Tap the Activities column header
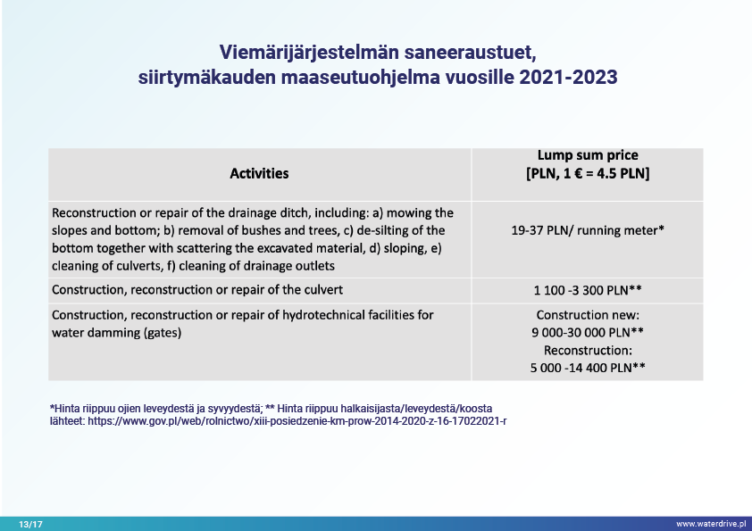pyautogui.click(x=259, y=173)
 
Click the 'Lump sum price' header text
pyautogui.click(x=587, y=155)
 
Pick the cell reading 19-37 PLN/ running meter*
pyautogui.click(x=587, y=230)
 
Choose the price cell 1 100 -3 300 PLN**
pyautogui.click(x=587, y=290)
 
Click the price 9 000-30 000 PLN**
pyautogui.click(x=587, y=332)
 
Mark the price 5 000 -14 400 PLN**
pyautogui.click(x=587, y=367)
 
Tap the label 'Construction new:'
pyautogui.click(x=587, y=315)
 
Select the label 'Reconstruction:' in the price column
pyautogui.click(x=587, y=350)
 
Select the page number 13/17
pyautogui.click(x=30, y=524)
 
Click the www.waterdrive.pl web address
pyautogui.click(x=710, y=524)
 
